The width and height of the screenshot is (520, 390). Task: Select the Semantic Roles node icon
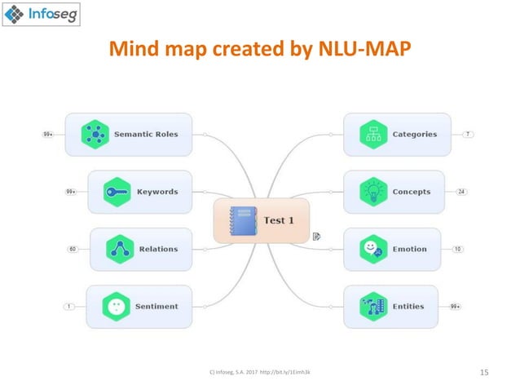pos(96,135)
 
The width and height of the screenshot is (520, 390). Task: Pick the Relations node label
pos(158,249)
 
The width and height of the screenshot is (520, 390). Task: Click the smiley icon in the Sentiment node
pos(116,306)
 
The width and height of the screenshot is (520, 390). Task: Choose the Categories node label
pos(414,135)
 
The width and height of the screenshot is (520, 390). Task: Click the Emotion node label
pos(409,249)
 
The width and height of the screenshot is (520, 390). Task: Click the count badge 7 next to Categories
pos(469,135)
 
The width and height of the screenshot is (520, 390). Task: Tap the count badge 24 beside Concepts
pos(461,192)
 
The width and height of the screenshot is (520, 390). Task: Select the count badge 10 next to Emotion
pos(457,249)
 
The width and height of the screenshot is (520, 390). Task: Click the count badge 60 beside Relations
pos(72,249)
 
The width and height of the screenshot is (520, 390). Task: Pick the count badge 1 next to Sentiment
pos(70,306)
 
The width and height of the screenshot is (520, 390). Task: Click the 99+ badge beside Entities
pos(455,306)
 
